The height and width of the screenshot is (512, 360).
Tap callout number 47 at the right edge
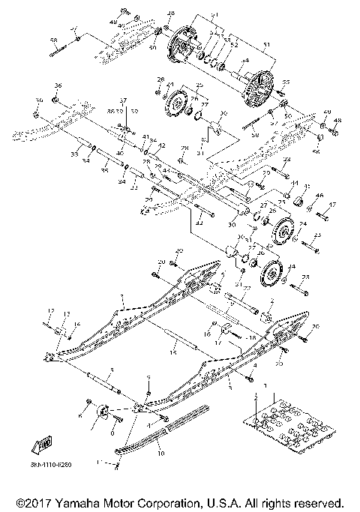333,204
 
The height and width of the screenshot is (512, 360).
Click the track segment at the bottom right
281,427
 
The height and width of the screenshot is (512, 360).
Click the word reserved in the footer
318,500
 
